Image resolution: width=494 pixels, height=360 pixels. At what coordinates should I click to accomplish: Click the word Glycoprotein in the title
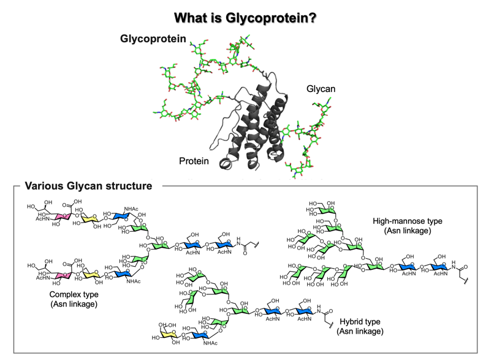coord(264,17)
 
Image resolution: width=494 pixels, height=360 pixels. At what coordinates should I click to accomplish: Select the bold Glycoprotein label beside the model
coord(153,39)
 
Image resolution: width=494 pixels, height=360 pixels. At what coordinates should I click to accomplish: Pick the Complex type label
coord(75,294)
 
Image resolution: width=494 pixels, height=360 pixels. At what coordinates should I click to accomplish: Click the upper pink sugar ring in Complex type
coord(61,216)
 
